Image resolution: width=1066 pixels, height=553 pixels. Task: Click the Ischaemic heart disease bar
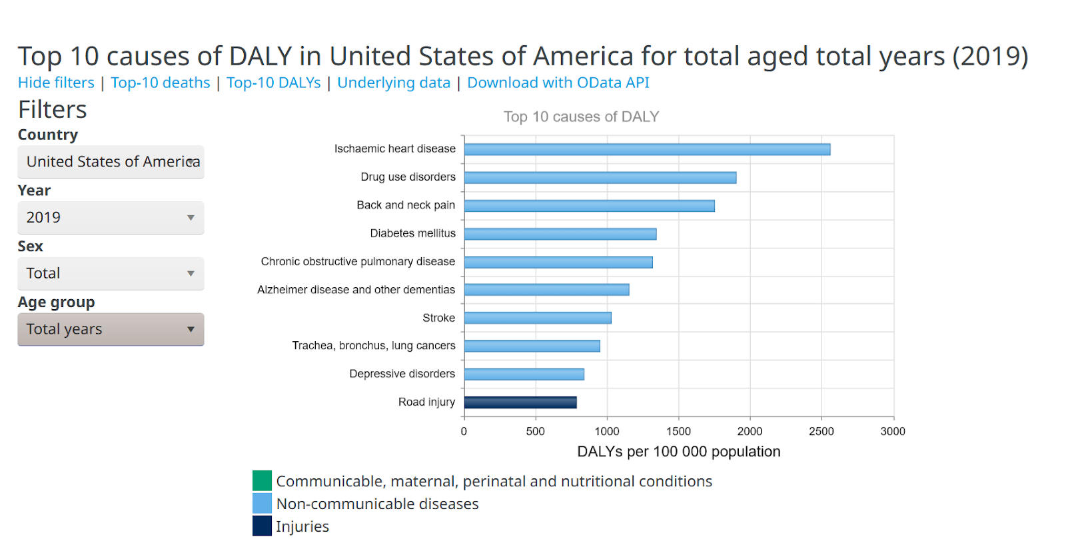point(646,149)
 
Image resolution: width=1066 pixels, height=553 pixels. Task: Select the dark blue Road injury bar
point(520,402)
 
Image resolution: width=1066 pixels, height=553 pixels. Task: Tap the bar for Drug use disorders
point(600,178)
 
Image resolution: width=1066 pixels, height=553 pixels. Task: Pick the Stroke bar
point(537,318)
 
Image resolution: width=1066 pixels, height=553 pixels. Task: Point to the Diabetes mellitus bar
point(560,234)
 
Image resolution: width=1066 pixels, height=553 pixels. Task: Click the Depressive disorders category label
point(402,374)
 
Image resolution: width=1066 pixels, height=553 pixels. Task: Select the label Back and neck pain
point(406,205)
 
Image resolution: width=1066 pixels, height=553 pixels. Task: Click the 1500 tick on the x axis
point(678,432)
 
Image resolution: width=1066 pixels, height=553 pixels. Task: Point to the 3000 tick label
point(892,432)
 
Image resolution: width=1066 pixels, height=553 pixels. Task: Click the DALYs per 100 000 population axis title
point(678,452)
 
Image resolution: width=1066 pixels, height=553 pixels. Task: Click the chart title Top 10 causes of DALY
point(581,117)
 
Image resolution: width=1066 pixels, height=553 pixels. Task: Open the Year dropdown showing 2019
point(111,218)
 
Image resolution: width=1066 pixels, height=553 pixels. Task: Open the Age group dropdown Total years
point(111,330)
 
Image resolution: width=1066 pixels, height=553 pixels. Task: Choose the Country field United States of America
point(111,162)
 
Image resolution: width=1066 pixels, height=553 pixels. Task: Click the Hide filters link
point(56,83)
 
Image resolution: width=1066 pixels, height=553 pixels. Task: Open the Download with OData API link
point(558,83)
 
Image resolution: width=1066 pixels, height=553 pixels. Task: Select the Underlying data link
point(393,83)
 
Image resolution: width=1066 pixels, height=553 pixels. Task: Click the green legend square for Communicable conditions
point(262,480)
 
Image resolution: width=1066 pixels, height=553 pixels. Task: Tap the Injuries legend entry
point(302,526)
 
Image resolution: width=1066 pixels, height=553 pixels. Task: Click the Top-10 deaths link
point(160,83)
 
